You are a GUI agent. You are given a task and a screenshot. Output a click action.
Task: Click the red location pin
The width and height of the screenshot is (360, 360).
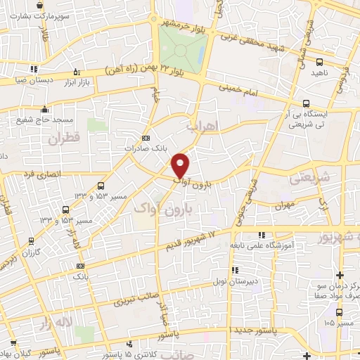pos(181,165)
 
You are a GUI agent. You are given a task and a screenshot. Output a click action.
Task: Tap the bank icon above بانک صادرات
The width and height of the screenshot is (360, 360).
pos(146,138)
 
